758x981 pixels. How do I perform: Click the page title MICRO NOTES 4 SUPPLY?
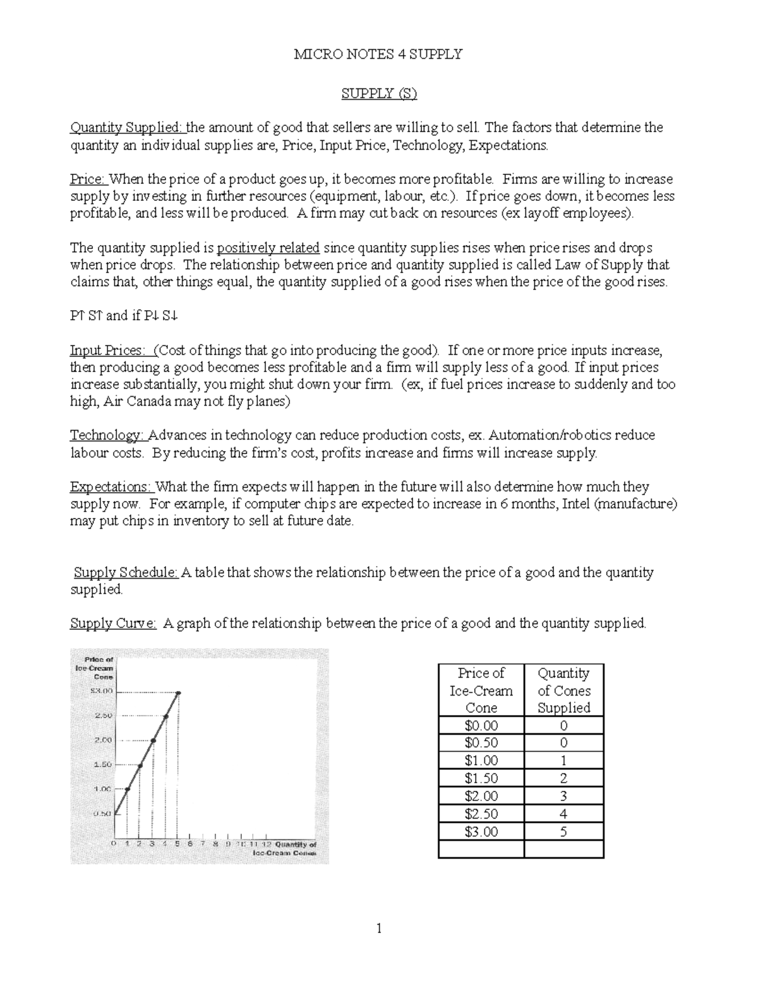[x=378, y=54]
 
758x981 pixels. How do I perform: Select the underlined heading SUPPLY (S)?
[x=379, y=93]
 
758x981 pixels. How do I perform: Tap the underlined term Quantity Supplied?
[x=128, y=128]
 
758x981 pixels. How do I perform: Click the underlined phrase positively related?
[x=268, y=248]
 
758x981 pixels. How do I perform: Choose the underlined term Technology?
[x=108, y=435]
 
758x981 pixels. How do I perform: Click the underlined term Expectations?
[x=111, y=487]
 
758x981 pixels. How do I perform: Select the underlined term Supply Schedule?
[x=126, y=573]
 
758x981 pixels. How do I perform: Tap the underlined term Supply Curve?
[x=113, y=624]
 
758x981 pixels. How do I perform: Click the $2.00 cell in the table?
[x=481, y=796]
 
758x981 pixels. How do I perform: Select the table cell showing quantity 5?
[x=563, y=831]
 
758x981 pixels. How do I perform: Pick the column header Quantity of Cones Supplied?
[x=563, y=690]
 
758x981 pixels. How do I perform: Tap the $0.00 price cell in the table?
[x=481, y=725]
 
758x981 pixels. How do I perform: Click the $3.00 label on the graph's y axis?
[x=99, y=691]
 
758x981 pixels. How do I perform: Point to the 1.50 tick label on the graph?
[x=102, y=764]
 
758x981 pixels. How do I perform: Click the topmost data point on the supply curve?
[x=179, y=693]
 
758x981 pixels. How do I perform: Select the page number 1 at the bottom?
[x=379, y=928]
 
